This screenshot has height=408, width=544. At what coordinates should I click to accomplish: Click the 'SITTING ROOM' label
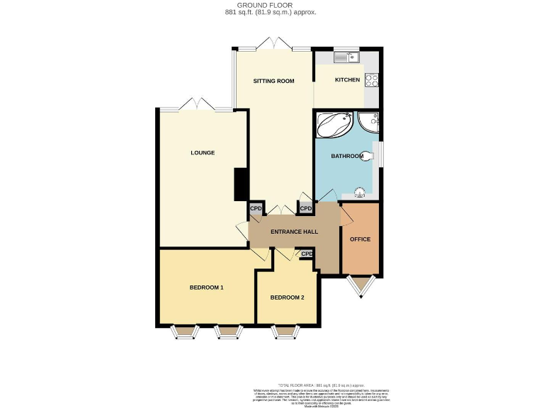[x=273, y=81]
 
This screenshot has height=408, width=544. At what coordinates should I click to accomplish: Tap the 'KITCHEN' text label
[x=347, y=79]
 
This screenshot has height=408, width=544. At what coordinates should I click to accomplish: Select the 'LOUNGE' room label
[x=203, y=152]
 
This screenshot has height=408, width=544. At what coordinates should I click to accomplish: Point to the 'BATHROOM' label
[x=347, y=156]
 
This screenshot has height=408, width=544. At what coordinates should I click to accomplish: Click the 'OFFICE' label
[x=360, y=239]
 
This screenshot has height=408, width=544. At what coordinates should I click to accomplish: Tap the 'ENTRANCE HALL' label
[x=293, y=232]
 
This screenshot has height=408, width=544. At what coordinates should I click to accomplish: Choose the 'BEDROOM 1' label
[x=206, y=288]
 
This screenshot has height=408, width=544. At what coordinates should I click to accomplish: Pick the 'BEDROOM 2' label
[x=287, y=297]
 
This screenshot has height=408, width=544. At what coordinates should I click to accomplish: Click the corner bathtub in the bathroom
[x=333, y=125]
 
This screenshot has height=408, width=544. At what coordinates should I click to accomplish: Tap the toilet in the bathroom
[x=367, y=157]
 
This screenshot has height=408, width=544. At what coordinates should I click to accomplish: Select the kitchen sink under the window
[x=348, y=57]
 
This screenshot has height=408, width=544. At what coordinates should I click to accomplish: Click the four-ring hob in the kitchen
[x=371, y=80]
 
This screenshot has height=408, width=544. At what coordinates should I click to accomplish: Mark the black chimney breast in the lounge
[x=241, y=184]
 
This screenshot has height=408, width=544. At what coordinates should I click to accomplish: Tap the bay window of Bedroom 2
[x=285, y=331]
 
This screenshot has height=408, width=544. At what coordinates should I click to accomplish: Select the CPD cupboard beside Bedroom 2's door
[x=307, y=254]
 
